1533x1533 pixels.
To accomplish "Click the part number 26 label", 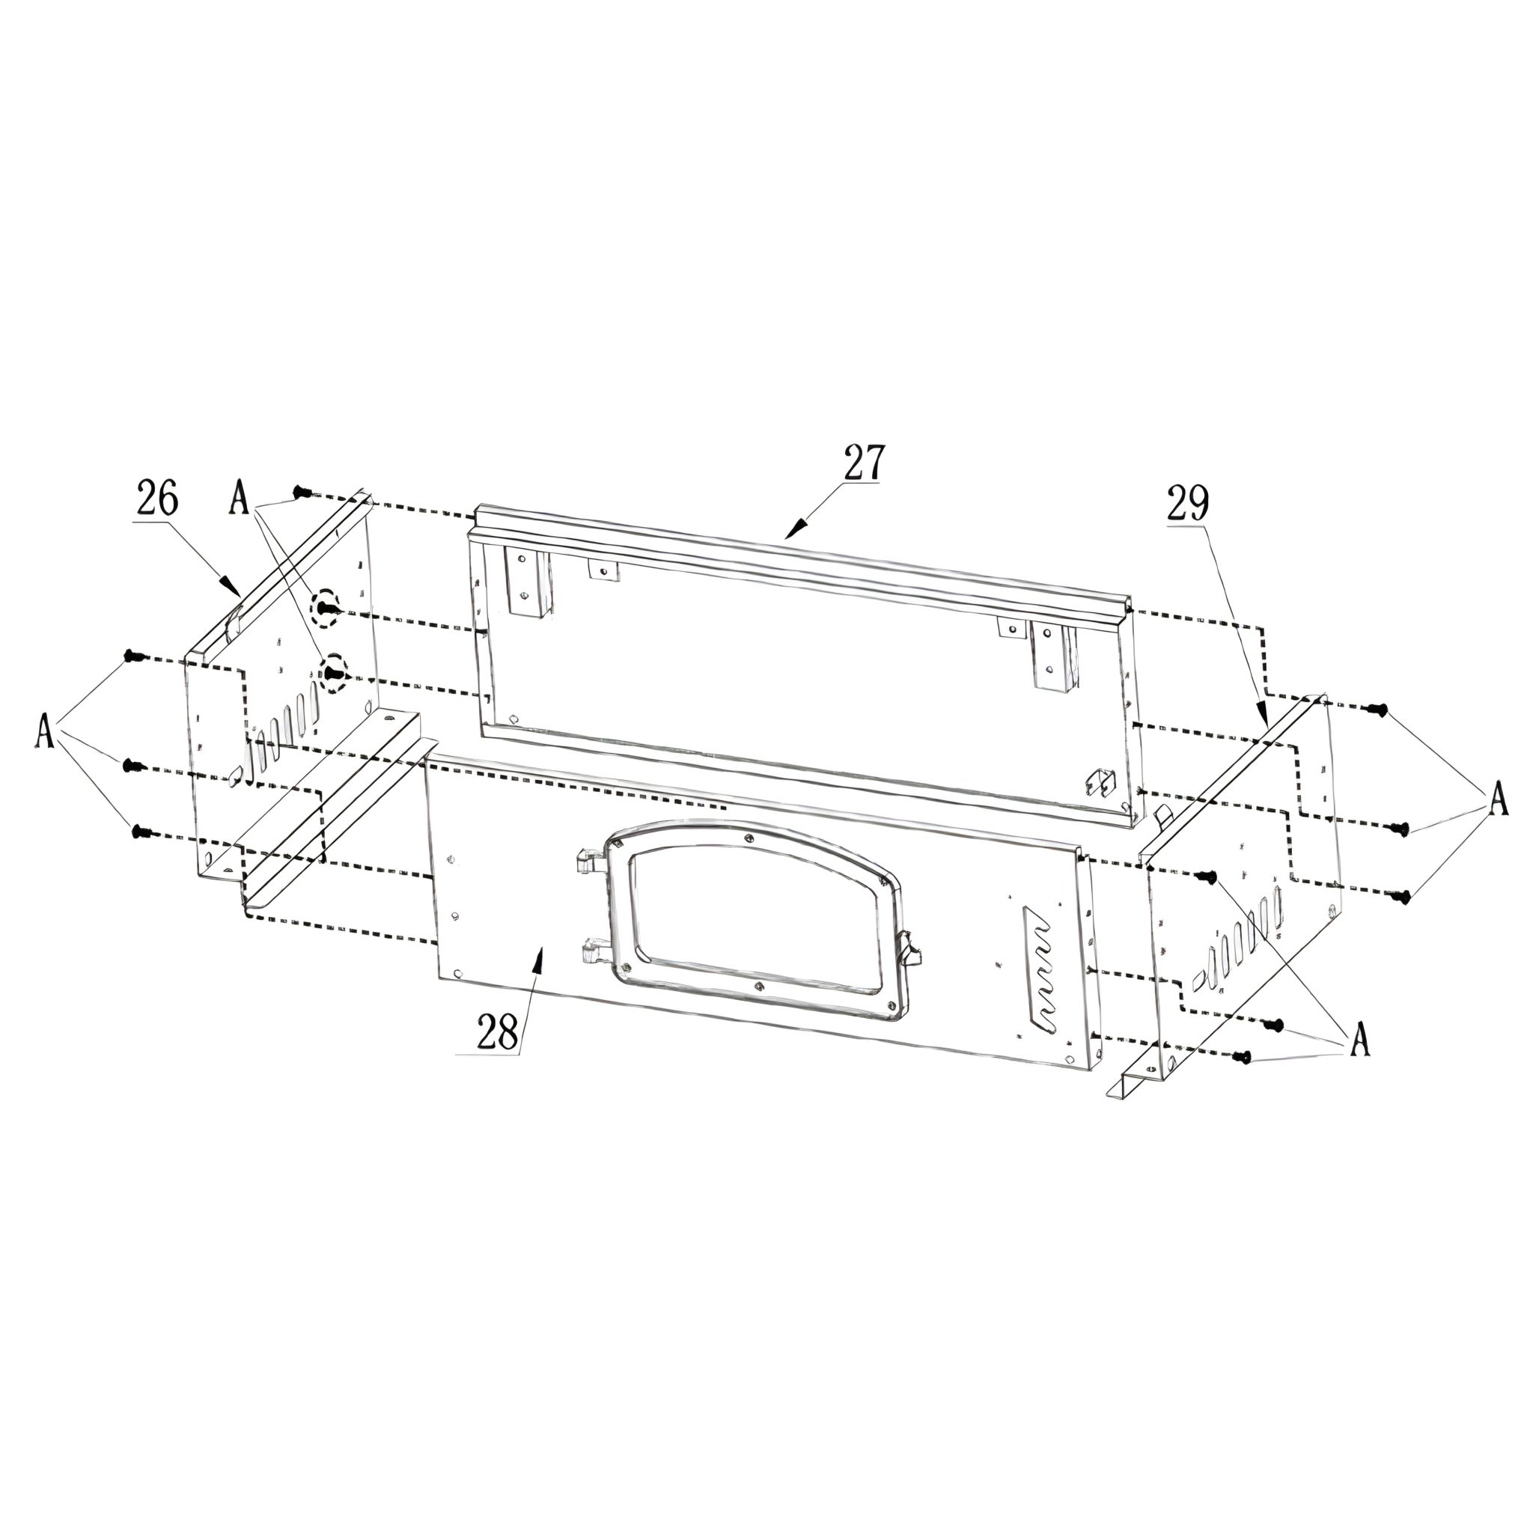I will tap(158, 498).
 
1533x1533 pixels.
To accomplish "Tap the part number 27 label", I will tap(863, 462).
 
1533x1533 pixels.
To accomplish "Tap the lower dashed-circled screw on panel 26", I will tap(333, 674).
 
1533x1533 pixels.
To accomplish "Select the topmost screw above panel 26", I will tap(300, 492).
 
